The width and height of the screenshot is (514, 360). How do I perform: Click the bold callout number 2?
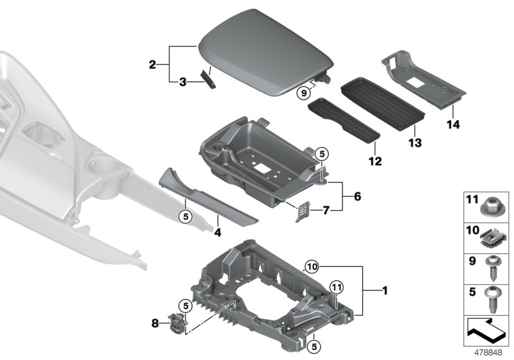[x=152, y=64]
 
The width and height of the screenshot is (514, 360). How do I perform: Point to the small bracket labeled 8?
[x=175, y=319]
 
